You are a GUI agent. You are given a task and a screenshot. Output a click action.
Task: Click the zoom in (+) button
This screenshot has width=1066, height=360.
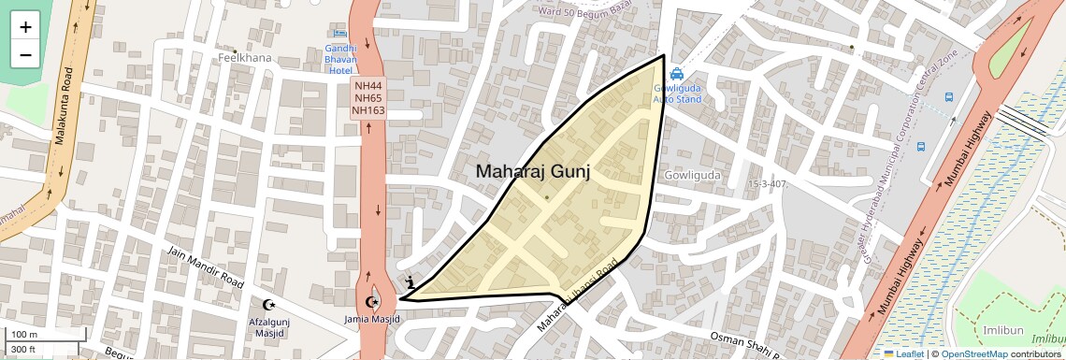tap(25, 27)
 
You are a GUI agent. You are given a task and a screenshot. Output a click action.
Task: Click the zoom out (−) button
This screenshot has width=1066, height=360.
tap(25, 54)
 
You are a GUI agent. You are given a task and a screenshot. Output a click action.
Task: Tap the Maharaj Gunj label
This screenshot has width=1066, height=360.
tap(533, 171)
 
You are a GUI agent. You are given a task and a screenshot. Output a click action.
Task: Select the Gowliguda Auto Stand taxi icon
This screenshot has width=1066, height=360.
tap(676, 75)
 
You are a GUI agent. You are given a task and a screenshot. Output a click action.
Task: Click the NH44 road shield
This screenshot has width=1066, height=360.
tap(368, 85)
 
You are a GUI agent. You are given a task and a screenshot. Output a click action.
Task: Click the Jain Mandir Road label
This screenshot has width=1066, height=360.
tap(206, 266)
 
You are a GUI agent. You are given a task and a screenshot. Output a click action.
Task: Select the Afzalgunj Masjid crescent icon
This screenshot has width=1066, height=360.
tap(270, 304)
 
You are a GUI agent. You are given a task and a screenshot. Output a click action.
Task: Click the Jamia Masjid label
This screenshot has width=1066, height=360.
tap(373, 320)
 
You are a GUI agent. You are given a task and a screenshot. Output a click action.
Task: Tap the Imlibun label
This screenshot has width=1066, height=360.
tap(1004, 330)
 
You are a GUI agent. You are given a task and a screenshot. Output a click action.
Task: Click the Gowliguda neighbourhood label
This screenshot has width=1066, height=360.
tap(692, 176)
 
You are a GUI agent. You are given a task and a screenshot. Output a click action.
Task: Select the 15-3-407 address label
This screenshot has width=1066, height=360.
tap(769, 184)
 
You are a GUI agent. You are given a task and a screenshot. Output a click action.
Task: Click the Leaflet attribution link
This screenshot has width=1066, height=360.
tap(904, 354)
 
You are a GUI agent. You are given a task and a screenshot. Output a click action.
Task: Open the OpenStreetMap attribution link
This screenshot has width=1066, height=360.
tap(974, 354)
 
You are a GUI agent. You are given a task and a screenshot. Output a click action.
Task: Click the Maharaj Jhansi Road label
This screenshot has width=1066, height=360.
tap(579, 296)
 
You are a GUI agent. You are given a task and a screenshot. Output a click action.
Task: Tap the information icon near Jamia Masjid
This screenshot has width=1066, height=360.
tap(410, 281)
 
